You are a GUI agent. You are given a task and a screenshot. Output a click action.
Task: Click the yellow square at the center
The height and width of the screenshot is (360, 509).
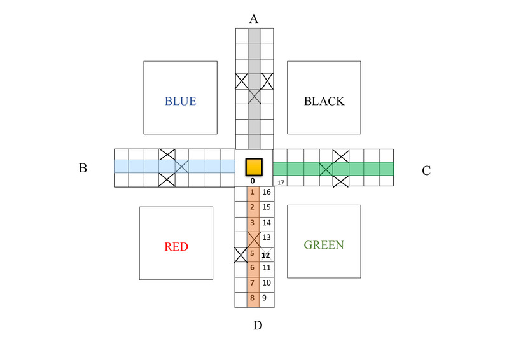254,167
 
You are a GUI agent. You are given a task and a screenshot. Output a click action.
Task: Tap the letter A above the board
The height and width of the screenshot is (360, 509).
254,18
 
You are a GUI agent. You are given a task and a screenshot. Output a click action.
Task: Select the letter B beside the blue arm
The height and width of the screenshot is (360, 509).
83,169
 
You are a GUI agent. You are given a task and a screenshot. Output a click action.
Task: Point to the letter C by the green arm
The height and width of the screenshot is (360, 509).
426,170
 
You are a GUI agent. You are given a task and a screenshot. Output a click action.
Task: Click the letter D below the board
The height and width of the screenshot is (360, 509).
258,326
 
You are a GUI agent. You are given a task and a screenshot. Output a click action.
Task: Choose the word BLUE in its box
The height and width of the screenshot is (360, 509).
180,101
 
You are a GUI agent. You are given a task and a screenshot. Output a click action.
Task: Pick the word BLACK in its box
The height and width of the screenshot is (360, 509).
324,101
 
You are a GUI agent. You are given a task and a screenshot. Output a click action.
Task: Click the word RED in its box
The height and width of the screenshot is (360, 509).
176,246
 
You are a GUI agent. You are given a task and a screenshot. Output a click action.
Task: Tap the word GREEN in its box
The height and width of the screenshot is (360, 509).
324,245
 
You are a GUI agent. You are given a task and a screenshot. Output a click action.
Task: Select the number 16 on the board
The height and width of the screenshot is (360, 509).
267,192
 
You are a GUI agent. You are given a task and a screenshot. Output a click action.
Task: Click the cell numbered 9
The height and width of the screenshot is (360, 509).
267,298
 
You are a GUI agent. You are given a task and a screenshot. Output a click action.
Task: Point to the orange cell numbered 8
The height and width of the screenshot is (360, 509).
253,298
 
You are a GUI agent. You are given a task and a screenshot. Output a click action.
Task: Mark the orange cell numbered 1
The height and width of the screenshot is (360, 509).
253,192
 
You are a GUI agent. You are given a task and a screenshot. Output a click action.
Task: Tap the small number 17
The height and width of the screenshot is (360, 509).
280,183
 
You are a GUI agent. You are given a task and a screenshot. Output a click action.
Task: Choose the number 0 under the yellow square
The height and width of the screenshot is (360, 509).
253,181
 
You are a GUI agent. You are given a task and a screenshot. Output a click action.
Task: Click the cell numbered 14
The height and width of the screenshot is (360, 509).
267,223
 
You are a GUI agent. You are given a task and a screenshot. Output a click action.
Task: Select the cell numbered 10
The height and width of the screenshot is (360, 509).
267,282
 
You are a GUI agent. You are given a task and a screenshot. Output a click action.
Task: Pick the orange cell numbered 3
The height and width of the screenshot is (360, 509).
253,223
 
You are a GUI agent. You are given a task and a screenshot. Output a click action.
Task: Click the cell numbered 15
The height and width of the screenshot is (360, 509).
267,207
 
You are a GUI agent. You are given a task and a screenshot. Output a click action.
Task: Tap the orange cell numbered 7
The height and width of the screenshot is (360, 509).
253,282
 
